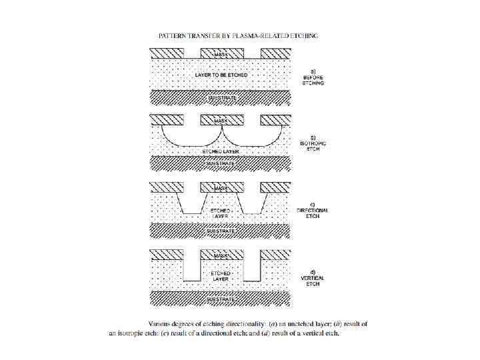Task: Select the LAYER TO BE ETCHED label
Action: pyautogui.click(x=221, y=75)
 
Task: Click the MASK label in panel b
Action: pyautogui.click(x=221, y=120)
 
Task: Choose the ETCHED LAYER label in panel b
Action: pyautogui.click(x=221, y=151)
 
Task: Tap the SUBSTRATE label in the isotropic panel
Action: pyautogui.click(x=221, y=162)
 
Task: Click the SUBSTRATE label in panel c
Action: pyautogui.click(x=221, y=231)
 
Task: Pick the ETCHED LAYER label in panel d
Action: pyautogui.click(x=221, y=277)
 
